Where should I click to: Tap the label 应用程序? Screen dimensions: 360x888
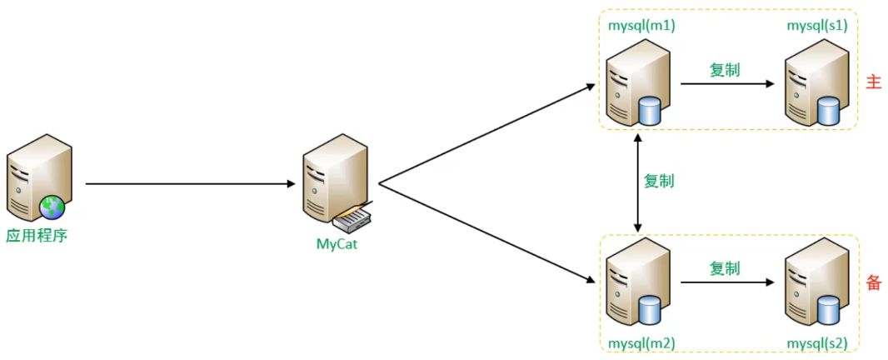(x=37, y=236)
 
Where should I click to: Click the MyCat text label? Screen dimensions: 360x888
(x=337, y=244)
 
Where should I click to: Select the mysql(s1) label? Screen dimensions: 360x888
(x=817, y=26)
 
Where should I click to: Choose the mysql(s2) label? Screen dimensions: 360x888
(x=817, y=342)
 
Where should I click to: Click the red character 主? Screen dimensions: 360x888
(x=873, y=83)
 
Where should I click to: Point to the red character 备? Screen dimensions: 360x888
(x=873, y=282)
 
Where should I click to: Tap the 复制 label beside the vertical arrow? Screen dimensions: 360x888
(x=659, y=181)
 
